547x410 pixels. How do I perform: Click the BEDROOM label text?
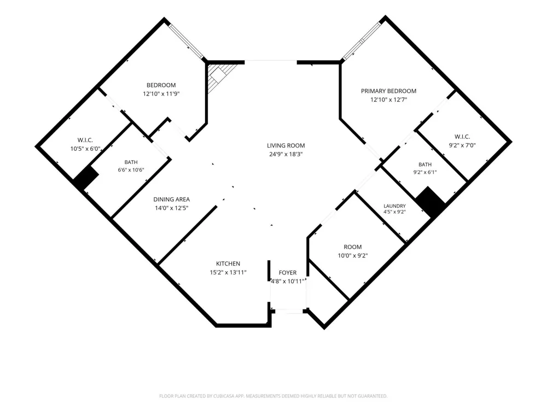point(161,85)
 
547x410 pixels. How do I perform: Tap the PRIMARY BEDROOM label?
point(388,91)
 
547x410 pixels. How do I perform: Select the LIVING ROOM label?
point(286,146)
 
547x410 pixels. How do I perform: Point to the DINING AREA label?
point(172,200)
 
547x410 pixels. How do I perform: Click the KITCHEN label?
point(228,263)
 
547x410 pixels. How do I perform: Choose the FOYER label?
point(288,273)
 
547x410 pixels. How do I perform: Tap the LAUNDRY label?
point(394,206)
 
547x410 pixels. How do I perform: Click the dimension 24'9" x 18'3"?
point(286,155)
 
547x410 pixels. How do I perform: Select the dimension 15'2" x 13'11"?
point(228,272)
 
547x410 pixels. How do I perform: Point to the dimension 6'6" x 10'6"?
point(131,170)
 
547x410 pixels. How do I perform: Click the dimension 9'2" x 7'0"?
point(462,145)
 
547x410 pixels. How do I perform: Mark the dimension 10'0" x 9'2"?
point(353,255)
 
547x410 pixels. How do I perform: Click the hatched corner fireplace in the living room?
point(219,75)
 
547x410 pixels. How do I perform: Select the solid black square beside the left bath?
point(86,177)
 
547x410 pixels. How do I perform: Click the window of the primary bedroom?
point(360,41)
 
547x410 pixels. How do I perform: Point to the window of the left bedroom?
point(185,41)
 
